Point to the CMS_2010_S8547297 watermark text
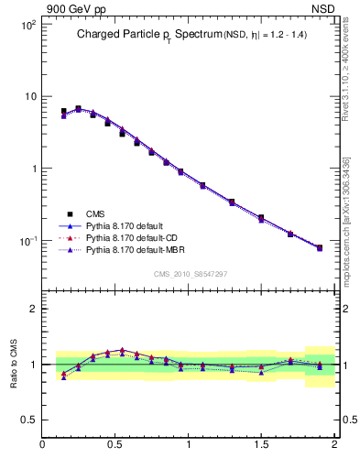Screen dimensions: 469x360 (190, 274)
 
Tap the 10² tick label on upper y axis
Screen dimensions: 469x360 (27, 25)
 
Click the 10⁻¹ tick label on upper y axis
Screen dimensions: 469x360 (27, 241)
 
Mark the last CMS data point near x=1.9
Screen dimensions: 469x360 (319, 247)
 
